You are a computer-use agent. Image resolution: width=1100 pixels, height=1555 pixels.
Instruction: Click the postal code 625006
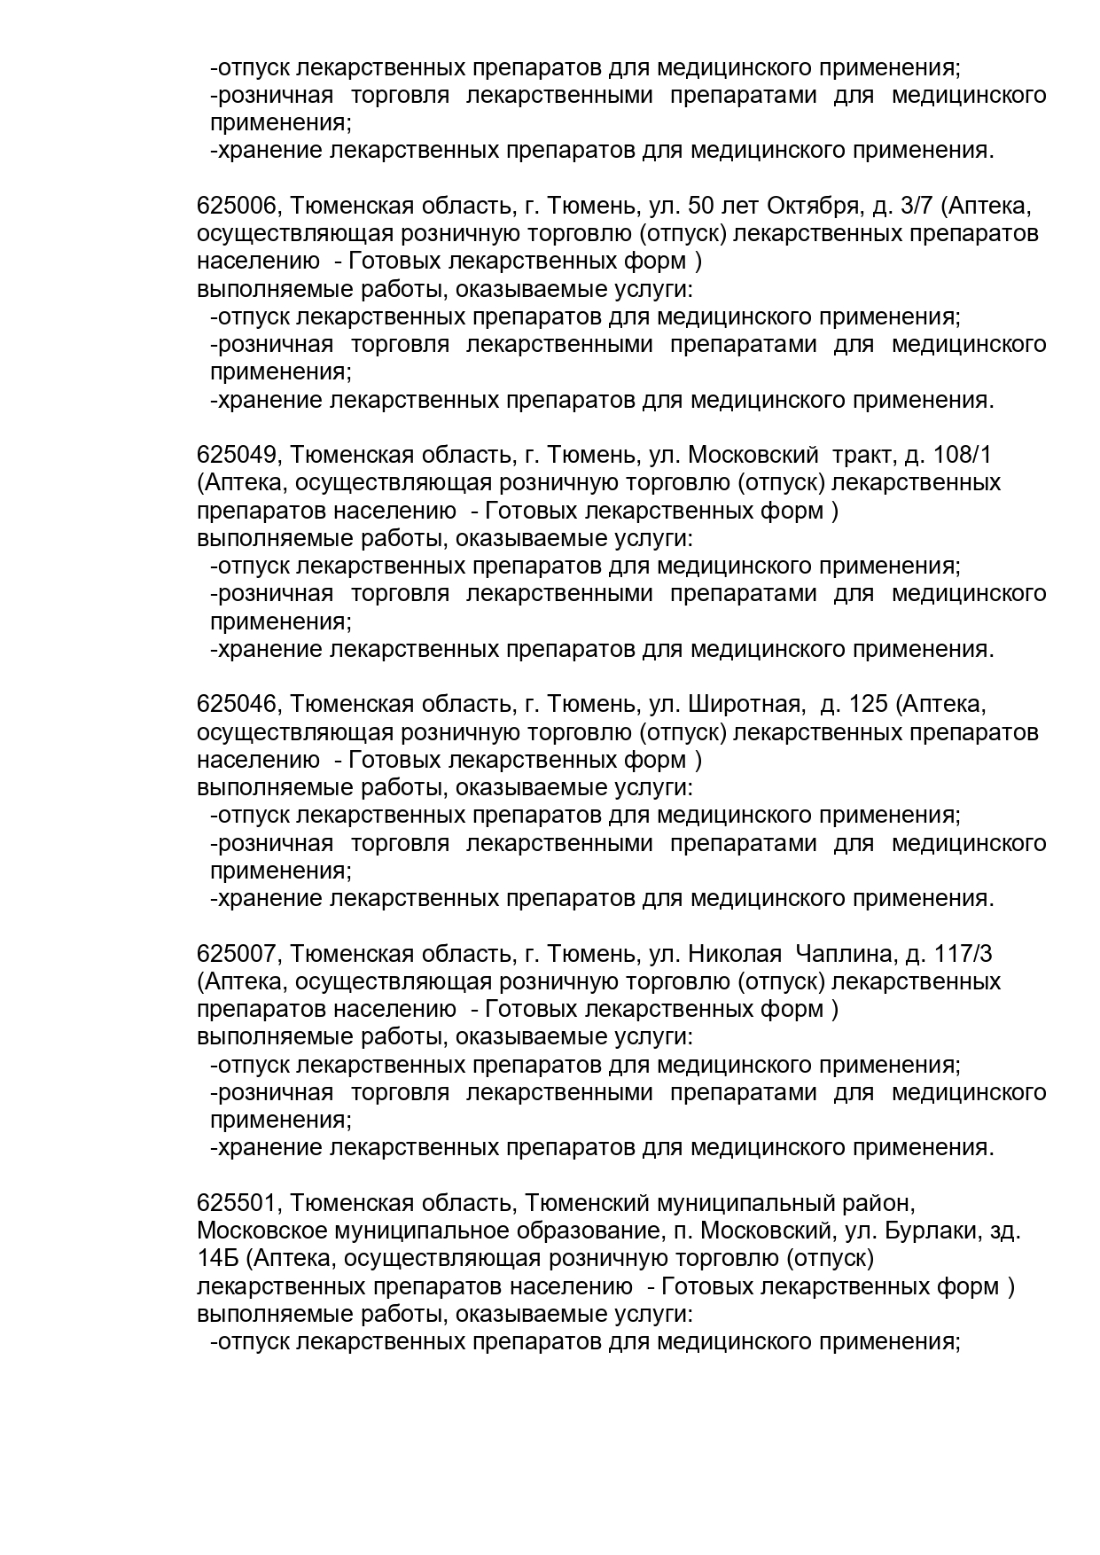pos(238,207)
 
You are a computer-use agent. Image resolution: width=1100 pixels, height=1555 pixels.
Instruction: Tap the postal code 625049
pos(238,456)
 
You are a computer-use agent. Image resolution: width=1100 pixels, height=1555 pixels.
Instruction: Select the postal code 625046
pos(238,705)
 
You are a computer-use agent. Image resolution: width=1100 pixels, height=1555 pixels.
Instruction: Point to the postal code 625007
pos(238,954)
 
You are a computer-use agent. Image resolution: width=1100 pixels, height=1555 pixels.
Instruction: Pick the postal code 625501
pos(238,1203)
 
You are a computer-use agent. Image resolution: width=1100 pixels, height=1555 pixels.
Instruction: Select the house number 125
pos(868,705)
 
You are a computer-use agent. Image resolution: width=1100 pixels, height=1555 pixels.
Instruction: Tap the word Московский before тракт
pos(753,456)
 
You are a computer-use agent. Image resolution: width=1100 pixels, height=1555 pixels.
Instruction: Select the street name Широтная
pos(745,705)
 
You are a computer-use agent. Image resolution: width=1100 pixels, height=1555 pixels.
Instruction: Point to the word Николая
pos(735,954)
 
